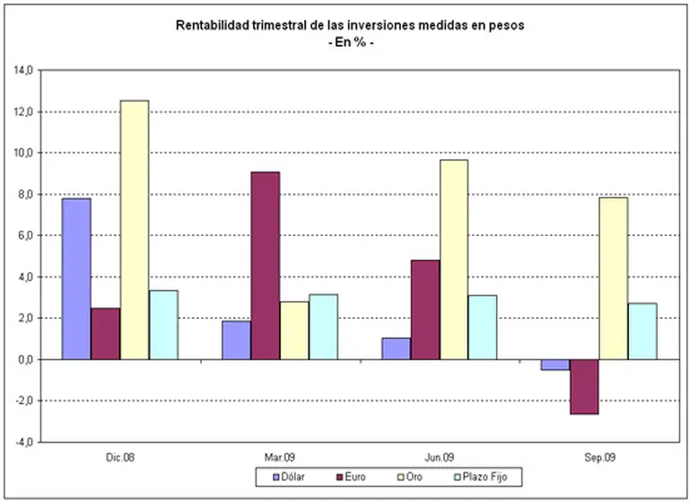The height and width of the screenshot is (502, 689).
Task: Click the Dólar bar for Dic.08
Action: click(x=76, y=278)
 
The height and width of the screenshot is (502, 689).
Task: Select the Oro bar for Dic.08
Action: click(x=135, y=229)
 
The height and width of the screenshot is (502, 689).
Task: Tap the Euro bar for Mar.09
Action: click(x=266, y=265)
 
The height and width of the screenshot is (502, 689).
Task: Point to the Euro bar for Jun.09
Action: click(x=425, y=309)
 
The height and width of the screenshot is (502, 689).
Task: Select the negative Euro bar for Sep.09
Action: click(x=585, y=386)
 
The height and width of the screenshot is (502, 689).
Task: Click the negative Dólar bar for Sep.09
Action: click(x=555, y=365)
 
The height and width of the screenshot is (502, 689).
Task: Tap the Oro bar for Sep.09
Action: click(x=614, y=277)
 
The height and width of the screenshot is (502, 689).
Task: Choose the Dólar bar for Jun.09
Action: click(x=396, y=348)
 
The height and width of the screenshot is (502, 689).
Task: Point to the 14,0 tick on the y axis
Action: click(x=22, y=70)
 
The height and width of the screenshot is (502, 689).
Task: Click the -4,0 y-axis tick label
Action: click(x=22, y=442)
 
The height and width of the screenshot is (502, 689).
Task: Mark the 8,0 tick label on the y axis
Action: click(x=24, y=194)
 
